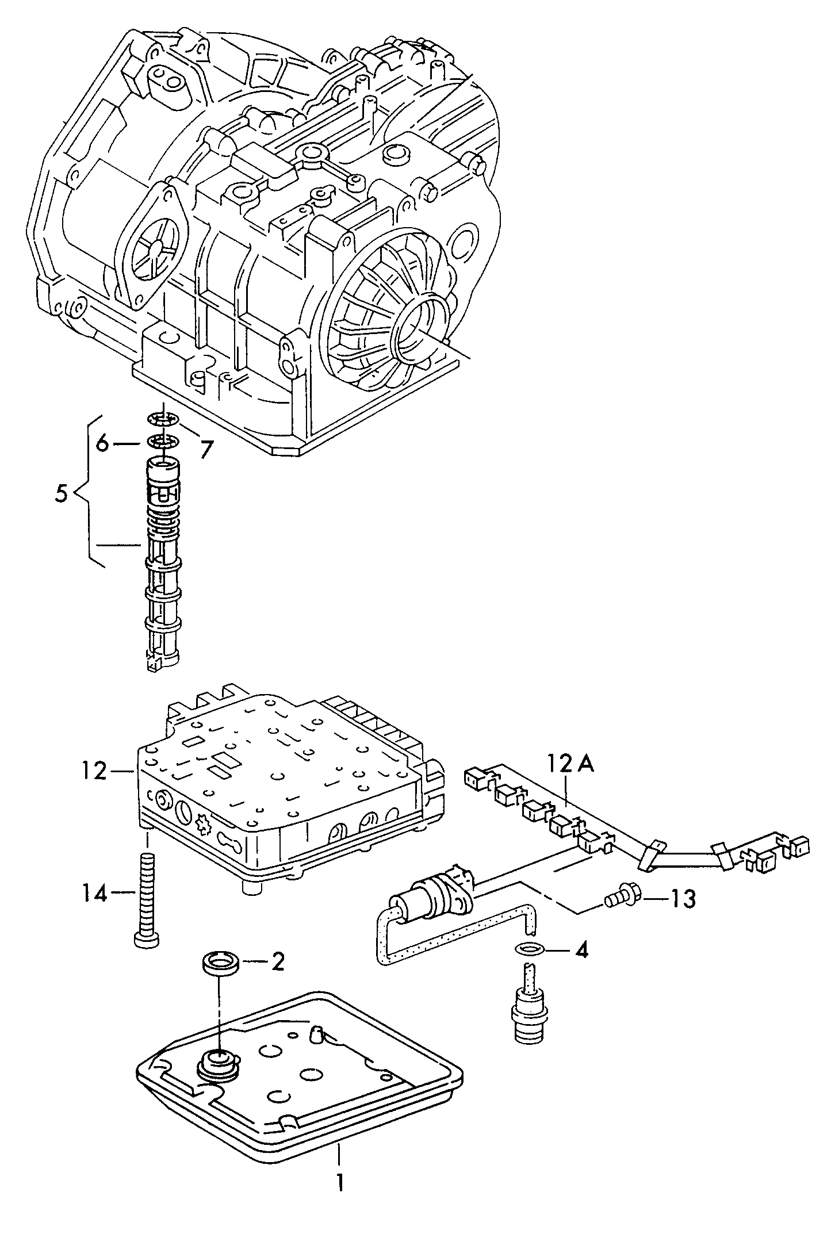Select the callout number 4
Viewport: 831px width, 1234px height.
pos(581,950)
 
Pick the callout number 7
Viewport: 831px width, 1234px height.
pos(205,449)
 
